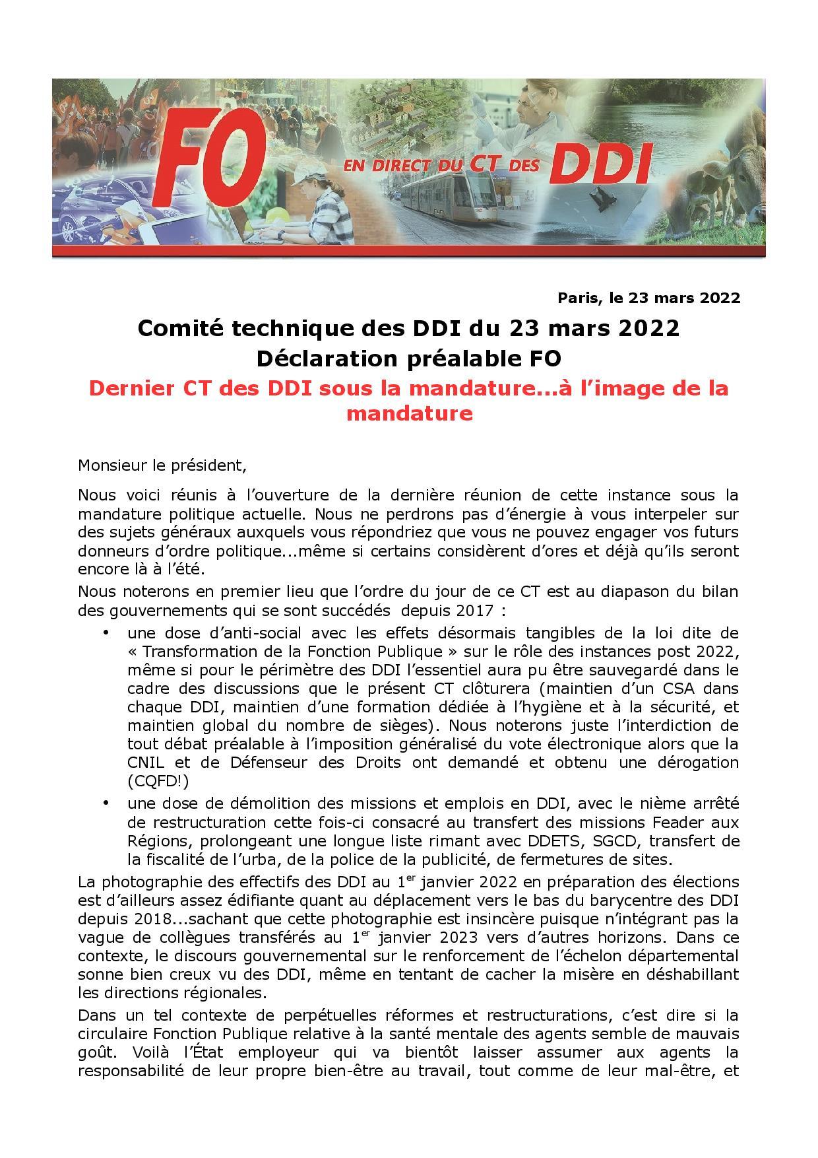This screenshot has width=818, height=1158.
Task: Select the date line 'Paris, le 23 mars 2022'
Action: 649,298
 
